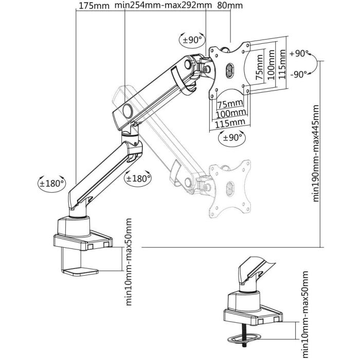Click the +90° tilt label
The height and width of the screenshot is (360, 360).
[298, 53]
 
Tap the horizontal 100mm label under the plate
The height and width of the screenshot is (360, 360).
[229, 113]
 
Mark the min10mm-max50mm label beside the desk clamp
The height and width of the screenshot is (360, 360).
[129, 262]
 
